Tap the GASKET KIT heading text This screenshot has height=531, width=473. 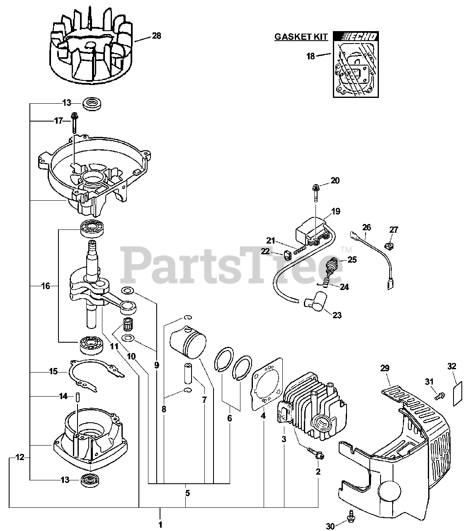point(301,37)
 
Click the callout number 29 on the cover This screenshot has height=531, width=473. point(385,368)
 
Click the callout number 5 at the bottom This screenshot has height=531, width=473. point(187,493)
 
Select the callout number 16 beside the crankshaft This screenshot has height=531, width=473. point(46,286)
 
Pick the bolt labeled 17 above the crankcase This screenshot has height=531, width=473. point(75,122)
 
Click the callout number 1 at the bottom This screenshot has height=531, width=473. point(160,525)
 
